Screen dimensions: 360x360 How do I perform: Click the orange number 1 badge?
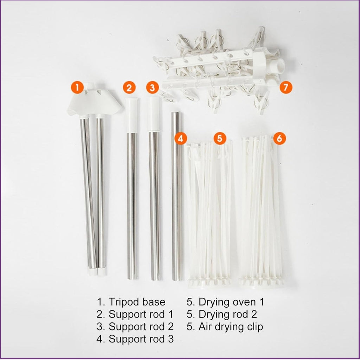click(77, 87)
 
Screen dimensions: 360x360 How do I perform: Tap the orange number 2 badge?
click(129, 88)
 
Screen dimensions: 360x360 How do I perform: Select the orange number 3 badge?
click(153, 88)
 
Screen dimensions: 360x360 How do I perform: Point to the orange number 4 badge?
click(181, 139)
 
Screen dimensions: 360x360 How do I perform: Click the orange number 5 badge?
click(220, 139)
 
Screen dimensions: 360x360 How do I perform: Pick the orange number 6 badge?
click(279, 139)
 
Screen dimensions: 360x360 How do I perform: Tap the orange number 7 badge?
click(286, 87)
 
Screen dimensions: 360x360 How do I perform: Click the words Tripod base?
click(137, 302)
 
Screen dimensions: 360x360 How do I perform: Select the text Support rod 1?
click(141, 314)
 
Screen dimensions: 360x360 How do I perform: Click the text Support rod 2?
click(141, 327)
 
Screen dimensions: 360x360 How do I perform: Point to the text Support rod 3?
click(141, 339)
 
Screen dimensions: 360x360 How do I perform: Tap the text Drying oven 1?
click(231, 302)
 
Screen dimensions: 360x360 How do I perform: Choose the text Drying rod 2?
click(228, 314)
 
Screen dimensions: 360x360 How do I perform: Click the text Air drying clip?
click(231, 327)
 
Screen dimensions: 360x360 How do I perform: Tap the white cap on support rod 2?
click(154, 114)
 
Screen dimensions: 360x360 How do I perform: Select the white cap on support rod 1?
click(132, 115)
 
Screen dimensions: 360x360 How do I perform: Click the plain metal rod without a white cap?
click(177, 196)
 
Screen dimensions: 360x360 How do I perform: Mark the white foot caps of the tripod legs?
click(97, 271)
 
